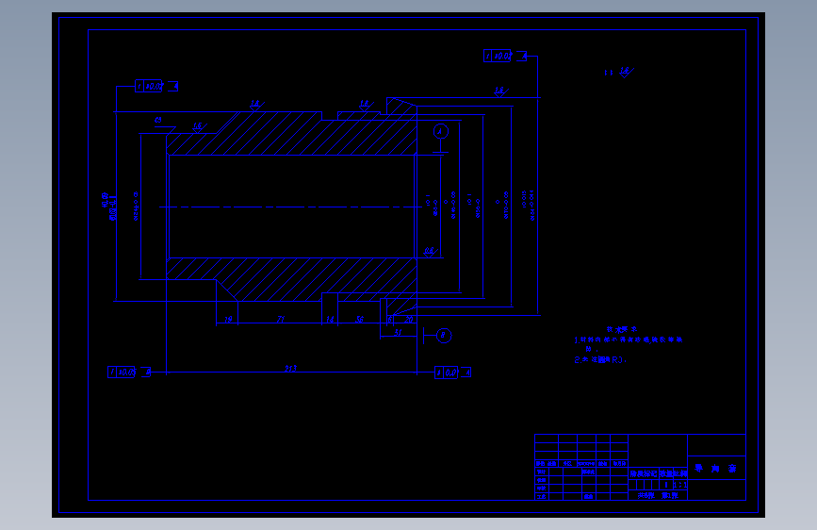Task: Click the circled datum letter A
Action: pyautogui.click(x=440, y=132)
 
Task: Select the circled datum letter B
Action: pyautogui.click(x=445, y=335)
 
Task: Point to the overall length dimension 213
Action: pyautogui.click(x=289, y=368)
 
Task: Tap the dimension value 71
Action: pyautogui.click(x=281, y=320)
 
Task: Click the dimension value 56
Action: pyautogui.click(x=360, y=320)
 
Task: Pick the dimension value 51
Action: pyautogui.click(x=399, y=332)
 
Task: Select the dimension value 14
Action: pyautogui.click(x=330, y=320)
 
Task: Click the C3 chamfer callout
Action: pyautogui.click(x=158, y=120)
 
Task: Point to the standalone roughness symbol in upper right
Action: pyautogui.click(x=620, y=72)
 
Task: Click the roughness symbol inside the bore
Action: pyautogui.click(x=429, y=251)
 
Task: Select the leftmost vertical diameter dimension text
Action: pyautogui.click(x=107, y=206)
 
